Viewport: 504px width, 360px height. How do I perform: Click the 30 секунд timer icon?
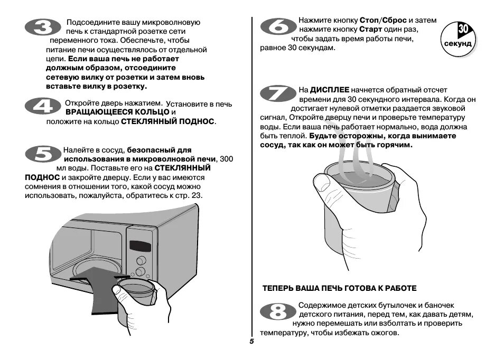pyautogui.click(x=458, y=37)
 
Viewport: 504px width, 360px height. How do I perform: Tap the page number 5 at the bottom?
pyautogui.click(x=252, y=342)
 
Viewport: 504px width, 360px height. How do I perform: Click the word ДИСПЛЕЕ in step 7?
pyautogui.click(x=330, y=90)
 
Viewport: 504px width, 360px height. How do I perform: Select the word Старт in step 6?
pyautogui.click(x=370, y=30)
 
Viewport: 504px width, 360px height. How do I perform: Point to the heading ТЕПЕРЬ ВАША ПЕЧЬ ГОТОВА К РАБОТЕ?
pyautogui.click(x=340, y=288)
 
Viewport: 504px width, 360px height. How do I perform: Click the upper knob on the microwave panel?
pyautogui.click(x=141, y=260)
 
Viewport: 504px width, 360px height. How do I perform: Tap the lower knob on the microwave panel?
pyautogui.click(x=140, y=271)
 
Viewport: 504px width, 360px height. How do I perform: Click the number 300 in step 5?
pyautogui.click(x=226, y=159)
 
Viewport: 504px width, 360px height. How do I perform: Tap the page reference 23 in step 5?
pyautogui.click(x=196, y=196)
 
